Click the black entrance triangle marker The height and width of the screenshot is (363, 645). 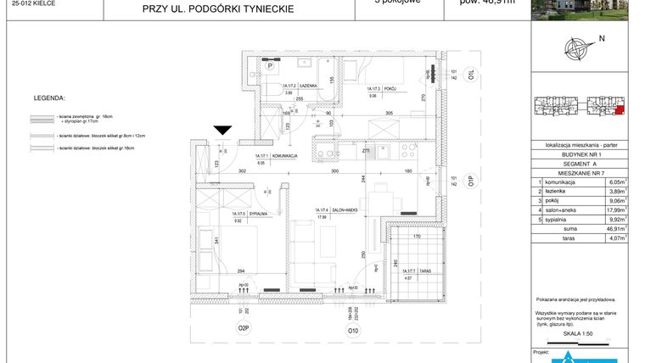tap(222, 130)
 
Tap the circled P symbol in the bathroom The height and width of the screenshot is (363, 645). tap(271, 64)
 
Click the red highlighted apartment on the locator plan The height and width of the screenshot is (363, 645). tap(619, 109)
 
